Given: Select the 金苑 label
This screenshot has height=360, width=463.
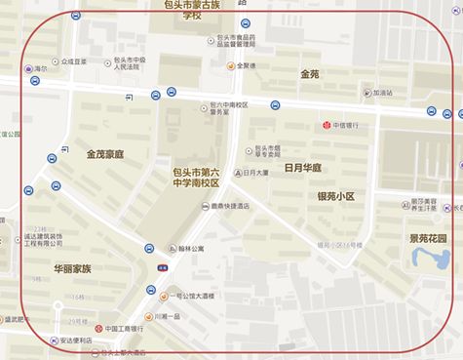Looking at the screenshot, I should click(x=310, y=73).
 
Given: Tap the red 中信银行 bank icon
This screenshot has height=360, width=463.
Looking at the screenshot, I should click(x=328, y=125).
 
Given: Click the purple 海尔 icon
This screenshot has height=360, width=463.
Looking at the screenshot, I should click(x=27, y=69).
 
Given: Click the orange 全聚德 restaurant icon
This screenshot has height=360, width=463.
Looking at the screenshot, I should click(x=230, y=66).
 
